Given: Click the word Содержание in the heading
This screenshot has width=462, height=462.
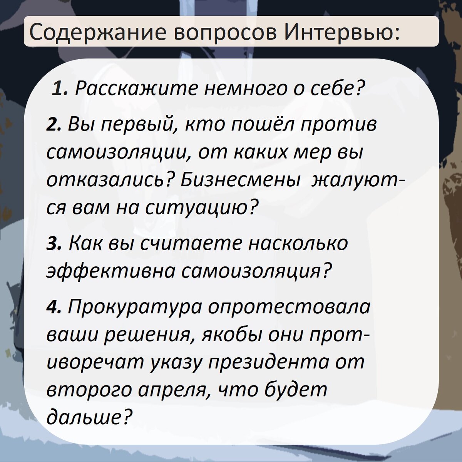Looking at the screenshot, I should tap(98, 32).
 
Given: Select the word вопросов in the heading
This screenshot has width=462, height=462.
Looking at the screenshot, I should tap(225, 32).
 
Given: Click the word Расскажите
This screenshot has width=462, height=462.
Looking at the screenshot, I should tap(135, 89).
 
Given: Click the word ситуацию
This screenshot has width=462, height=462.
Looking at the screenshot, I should tap(200, 208).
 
